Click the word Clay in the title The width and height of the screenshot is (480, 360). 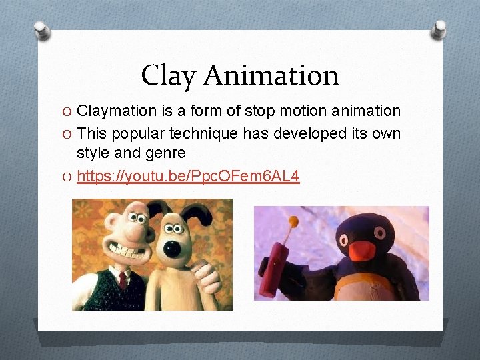pos(169,76)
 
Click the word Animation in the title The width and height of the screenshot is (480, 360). pos(271,75)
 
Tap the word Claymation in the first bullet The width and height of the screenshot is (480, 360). pos(115,111)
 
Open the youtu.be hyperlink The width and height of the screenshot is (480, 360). pos(188,176)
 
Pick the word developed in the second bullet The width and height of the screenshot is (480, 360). pos(311,133)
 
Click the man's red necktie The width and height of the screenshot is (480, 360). pos(122,279)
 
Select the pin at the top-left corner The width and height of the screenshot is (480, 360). pos(41,29)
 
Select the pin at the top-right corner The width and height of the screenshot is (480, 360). pos(439,29)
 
